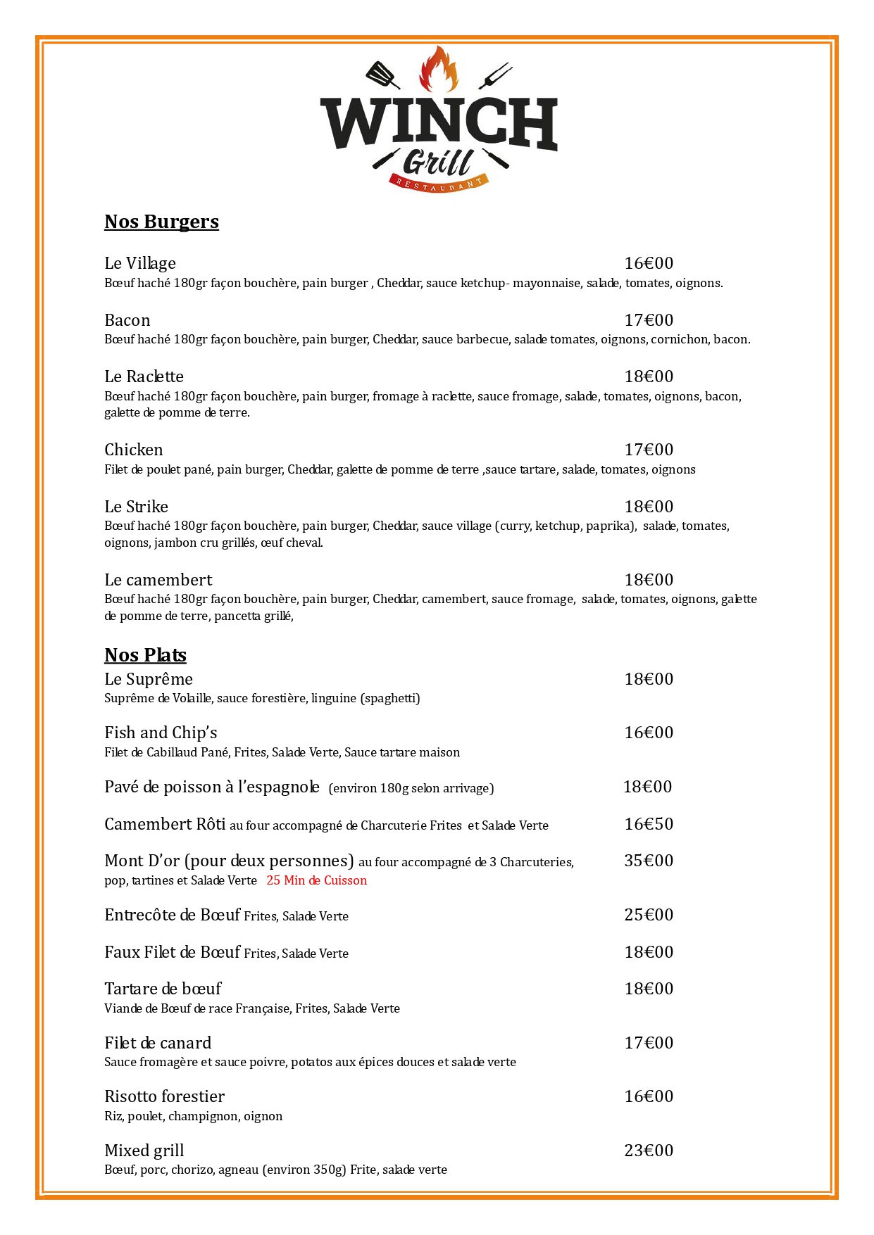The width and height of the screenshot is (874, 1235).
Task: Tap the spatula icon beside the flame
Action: pyautogui.click(x=382, y=74)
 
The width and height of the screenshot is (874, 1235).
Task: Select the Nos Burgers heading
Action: pyautogui.click(x=161, y=222)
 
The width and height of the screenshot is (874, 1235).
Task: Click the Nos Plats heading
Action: pyautogui.click(x=145, y=655)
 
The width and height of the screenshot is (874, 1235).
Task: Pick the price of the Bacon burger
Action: pyautogui.click(x=649, y=320)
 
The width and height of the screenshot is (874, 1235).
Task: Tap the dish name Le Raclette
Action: pyautogui.click(x=144, y=376)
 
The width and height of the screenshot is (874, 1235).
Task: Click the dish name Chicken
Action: pyautogui.click(x=133, y=450)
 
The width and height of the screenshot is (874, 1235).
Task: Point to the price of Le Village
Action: pyautogui.click(x=649, y=263)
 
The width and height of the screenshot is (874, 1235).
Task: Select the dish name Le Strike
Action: pyautogui.click(x=136, y=507)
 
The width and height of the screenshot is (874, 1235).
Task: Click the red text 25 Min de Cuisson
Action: pyautogui.click(x=316, y=880)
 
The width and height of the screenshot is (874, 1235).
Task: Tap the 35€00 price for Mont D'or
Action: pyautogui.click(x=649, y=861)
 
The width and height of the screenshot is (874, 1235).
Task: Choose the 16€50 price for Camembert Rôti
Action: pyautogui.click(x=649, y=824)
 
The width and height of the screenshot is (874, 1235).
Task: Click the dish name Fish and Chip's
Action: pyautogui.click(x=161, y=733)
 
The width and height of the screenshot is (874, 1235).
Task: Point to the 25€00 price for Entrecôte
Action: pyautogui.click(x=649, y=915)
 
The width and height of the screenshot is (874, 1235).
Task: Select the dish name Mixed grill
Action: pyautogui.click(x=144, y=1151)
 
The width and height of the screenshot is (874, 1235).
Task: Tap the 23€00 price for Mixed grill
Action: pyautogui.click(x=649, y=1151)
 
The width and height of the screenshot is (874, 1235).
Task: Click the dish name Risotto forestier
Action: pyautogui.click(x=164, y=1096)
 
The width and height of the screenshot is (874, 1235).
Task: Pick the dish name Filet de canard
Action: pyautogui.click(x=158, y=1043)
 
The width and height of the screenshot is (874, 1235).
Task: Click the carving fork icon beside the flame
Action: pyautogui.click(x=495, y=75)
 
